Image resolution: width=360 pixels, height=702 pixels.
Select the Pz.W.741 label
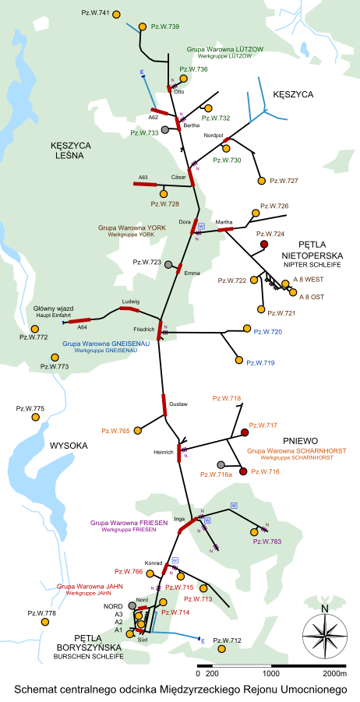pos(95,13)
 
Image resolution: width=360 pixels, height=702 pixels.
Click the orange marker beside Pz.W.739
pos(143,27)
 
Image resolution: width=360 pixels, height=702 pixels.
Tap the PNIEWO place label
pos(299,441)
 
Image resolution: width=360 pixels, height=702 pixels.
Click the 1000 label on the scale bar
pos(270,672)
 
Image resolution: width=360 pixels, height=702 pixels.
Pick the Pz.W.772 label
pos(34,337)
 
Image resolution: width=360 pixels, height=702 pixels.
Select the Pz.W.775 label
pos(30,408)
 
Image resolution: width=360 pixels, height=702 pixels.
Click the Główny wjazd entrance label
pos(53,309)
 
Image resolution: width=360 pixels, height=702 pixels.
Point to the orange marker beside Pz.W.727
pos(261,181)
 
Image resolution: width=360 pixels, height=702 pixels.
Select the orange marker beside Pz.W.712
pos(222,648)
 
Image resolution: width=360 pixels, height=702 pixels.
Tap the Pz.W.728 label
pos(164,204)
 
